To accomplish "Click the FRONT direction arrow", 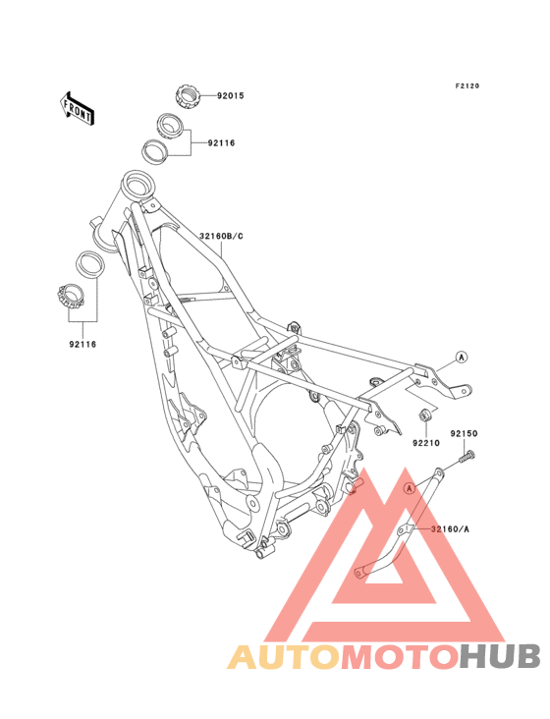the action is pos(77,108).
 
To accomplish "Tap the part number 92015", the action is pos(231,96).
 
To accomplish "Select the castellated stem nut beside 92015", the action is pos(188,96).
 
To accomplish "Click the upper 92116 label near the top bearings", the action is pos(221,143).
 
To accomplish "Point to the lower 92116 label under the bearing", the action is pos(82,344).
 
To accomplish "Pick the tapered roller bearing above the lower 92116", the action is pos(71,297).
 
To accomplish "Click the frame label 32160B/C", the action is pos(221,237).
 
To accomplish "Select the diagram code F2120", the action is pos(467,85).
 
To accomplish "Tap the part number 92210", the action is pos(426,443).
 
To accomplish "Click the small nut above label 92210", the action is pos(424,415).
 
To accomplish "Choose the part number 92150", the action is pos(464,433).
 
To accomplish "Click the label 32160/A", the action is pos(450,529).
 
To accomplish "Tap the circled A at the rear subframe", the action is pos(462,357).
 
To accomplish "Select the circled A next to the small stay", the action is pos(411,489).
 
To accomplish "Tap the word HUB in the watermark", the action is pos(500,657).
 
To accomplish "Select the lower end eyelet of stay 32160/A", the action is pos(361,572).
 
